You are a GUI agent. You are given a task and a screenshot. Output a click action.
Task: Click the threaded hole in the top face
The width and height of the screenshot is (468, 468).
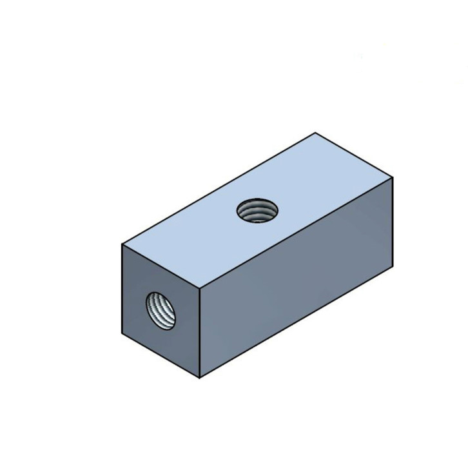pos(257,210)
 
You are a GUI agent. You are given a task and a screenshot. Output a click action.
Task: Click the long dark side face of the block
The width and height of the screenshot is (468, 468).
pos(297,277)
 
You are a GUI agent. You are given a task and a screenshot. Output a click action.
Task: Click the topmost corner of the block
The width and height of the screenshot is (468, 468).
pos(315,133)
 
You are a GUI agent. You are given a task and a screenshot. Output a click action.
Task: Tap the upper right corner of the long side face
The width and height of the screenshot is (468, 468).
pos(393,176)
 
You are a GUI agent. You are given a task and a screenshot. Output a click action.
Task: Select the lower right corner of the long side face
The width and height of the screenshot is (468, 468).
pos(393,267)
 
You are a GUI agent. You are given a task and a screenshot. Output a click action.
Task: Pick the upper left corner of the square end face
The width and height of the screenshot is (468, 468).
pos(122,244)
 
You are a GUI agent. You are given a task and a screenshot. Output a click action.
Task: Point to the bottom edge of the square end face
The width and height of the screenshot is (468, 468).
pos(161,356)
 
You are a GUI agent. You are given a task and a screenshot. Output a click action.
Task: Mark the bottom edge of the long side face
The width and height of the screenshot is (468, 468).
pos(297,322)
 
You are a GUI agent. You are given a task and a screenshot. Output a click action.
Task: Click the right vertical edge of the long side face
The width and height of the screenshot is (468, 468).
pos(393,221)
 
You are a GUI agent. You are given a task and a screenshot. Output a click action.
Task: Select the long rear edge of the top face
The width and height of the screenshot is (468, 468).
pos(219,188)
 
